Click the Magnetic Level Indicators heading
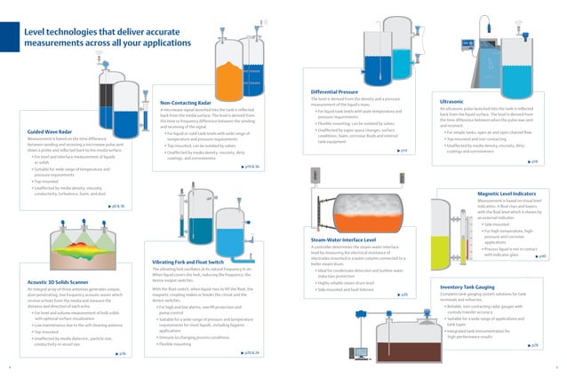tap(506, 192)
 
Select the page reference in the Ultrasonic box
tap(533, 161)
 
